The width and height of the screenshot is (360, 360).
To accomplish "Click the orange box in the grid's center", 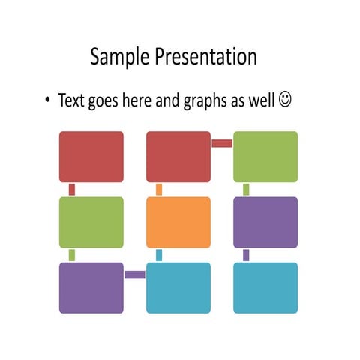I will coord(178,222).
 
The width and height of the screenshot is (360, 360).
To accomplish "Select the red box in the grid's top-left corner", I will coord(91,157).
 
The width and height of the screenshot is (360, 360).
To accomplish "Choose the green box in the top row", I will coord(265,157).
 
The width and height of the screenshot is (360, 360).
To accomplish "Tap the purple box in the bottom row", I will coord(91,287).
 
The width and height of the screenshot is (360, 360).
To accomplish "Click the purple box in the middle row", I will coord(265,222).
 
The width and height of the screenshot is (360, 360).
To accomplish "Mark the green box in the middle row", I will coord(91,222).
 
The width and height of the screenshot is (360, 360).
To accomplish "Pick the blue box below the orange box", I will coord(178,287).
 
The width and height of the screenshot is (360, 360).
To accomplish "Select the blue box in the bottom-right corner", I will coord(265,287).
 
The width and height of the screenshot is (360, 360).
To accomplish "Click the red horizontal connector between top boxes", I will coord(222,143).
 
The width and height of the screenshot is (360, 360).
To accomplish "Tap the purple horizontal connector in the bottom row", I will coord(135,274).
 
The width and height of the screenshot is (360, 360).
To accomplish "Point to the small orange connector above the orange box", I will coord(159,190).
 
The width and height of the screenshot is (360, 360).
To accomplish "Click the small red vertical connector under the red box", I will coord(72,190).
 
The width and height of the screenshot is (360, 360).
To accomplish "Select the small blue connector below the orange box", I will coord(159,255).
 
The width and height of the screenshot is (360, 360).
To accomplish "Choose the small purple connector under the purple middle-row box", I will coord(246,255).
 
